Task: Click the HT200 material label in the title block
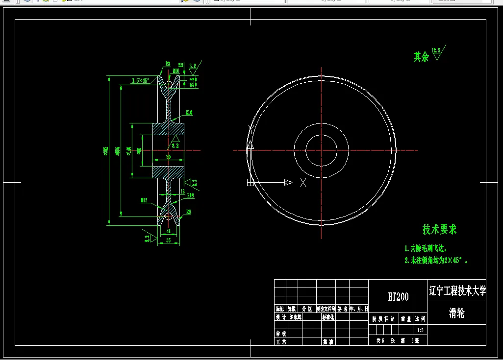[x=398, y=297]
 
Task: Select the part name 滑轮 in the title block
[x=456, y=313]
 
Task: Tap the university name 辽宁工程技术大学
[x=457, y=291]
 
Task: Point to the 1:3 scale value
[x=420, y=331]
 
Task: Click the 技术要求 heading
[x=439, y=229]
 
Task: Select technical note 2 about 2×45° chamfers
[x=435, y=261]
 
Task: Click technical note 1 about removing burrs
[x=426, y=249]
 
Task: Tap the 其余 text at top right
[x=421, y=57]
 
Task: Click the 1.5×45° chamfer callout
[x=141, y=81]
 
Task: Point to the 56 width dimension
[x=168, y=241]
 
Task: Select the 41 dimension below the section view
[x=168, y=231]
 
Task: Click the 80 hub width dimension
[x=168, y=157]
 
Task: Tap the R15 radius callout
[x=144, y=200]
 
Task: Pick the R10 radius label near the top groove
[x=176, y=71]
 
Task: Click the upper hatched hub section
[x=168, y=130]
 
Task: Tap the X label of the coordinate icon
[x=303, y=183]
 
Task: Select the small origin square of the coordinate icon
[x=250, y=183]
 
